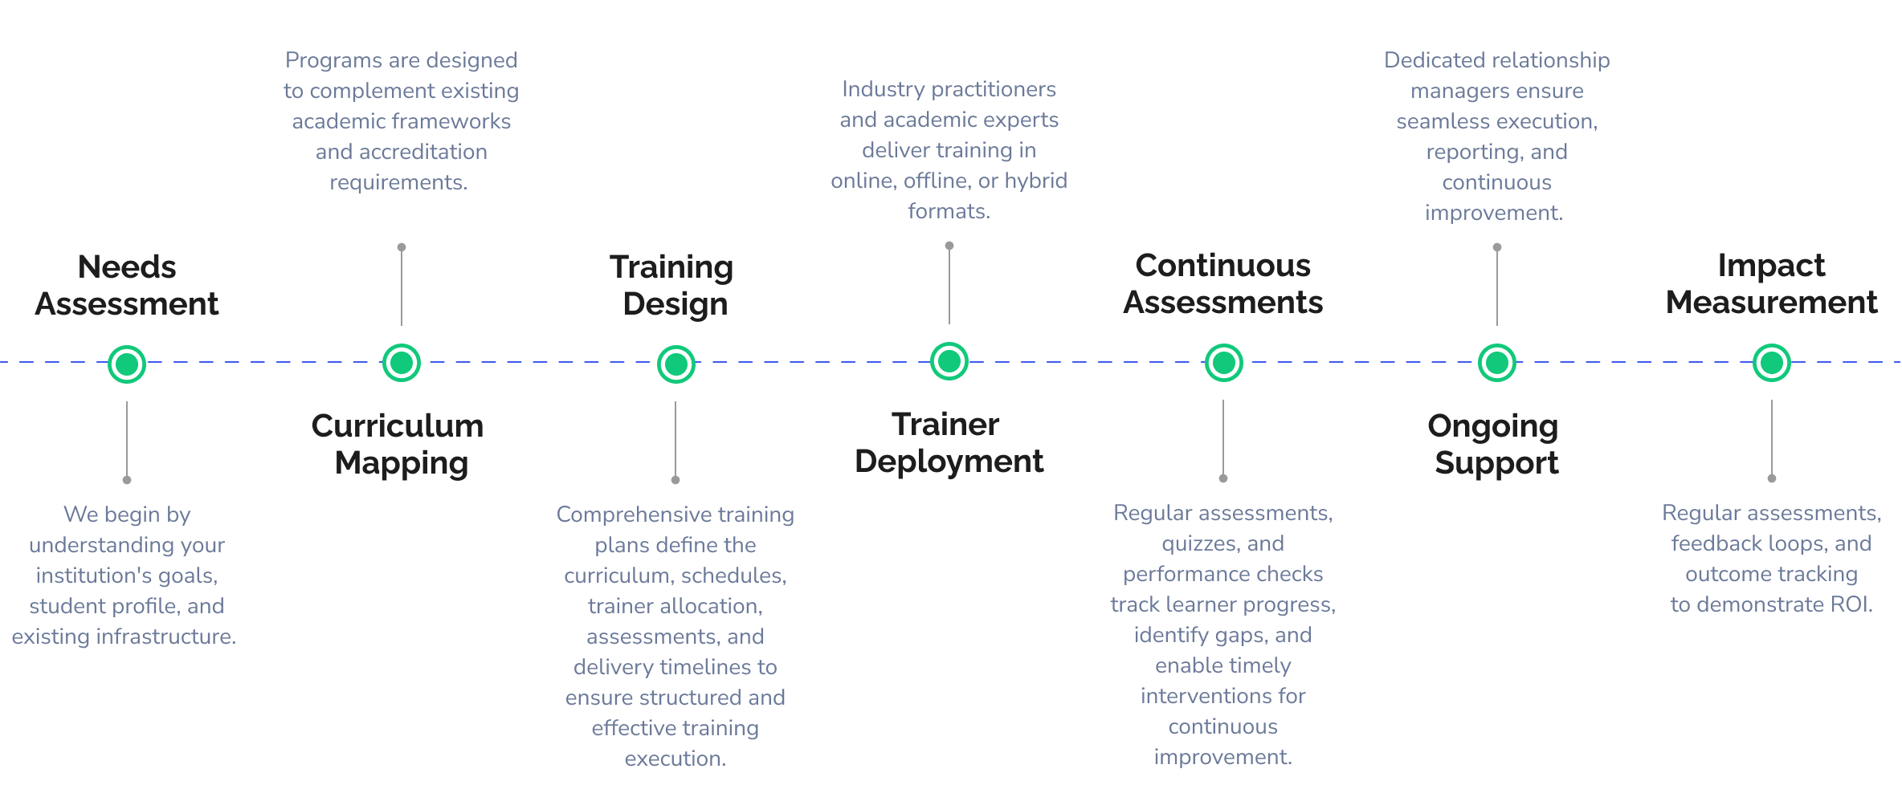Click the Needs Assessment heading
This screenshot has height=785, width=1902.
click(127, 286)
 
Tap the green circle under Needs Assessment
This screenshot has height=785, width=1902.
click(127, 364)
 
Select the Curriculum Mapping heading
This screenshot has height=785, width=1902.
click(398, 444)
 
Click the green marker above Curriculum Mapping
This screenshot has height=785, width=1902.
click(402, 363)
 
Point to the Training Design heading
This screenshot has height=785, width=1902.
click(673, 286)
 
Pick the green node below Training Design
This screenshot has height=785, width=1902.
click(676, 364)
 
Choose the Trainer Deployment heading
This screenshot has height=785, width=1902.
click(949, 442)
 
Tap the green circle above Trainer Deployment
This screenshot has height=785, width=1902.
click(949, 361)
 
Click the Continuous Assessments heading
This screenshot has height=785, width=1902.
click(1222, 283)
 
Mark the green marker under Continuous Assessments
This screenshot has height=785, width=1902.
click(1224, 363)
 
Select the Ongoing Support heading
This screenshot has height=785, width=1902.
click(1495, 444)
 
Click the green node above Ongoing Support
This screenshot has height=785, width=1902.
click(1497, 363)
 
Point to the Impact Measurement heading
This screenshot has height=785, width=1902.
click(1771, 283)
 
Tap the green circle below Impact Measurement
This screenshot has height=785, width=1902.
click(1772, 363)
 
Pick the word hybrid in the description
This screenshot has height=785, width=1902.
click(1036, 181)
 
